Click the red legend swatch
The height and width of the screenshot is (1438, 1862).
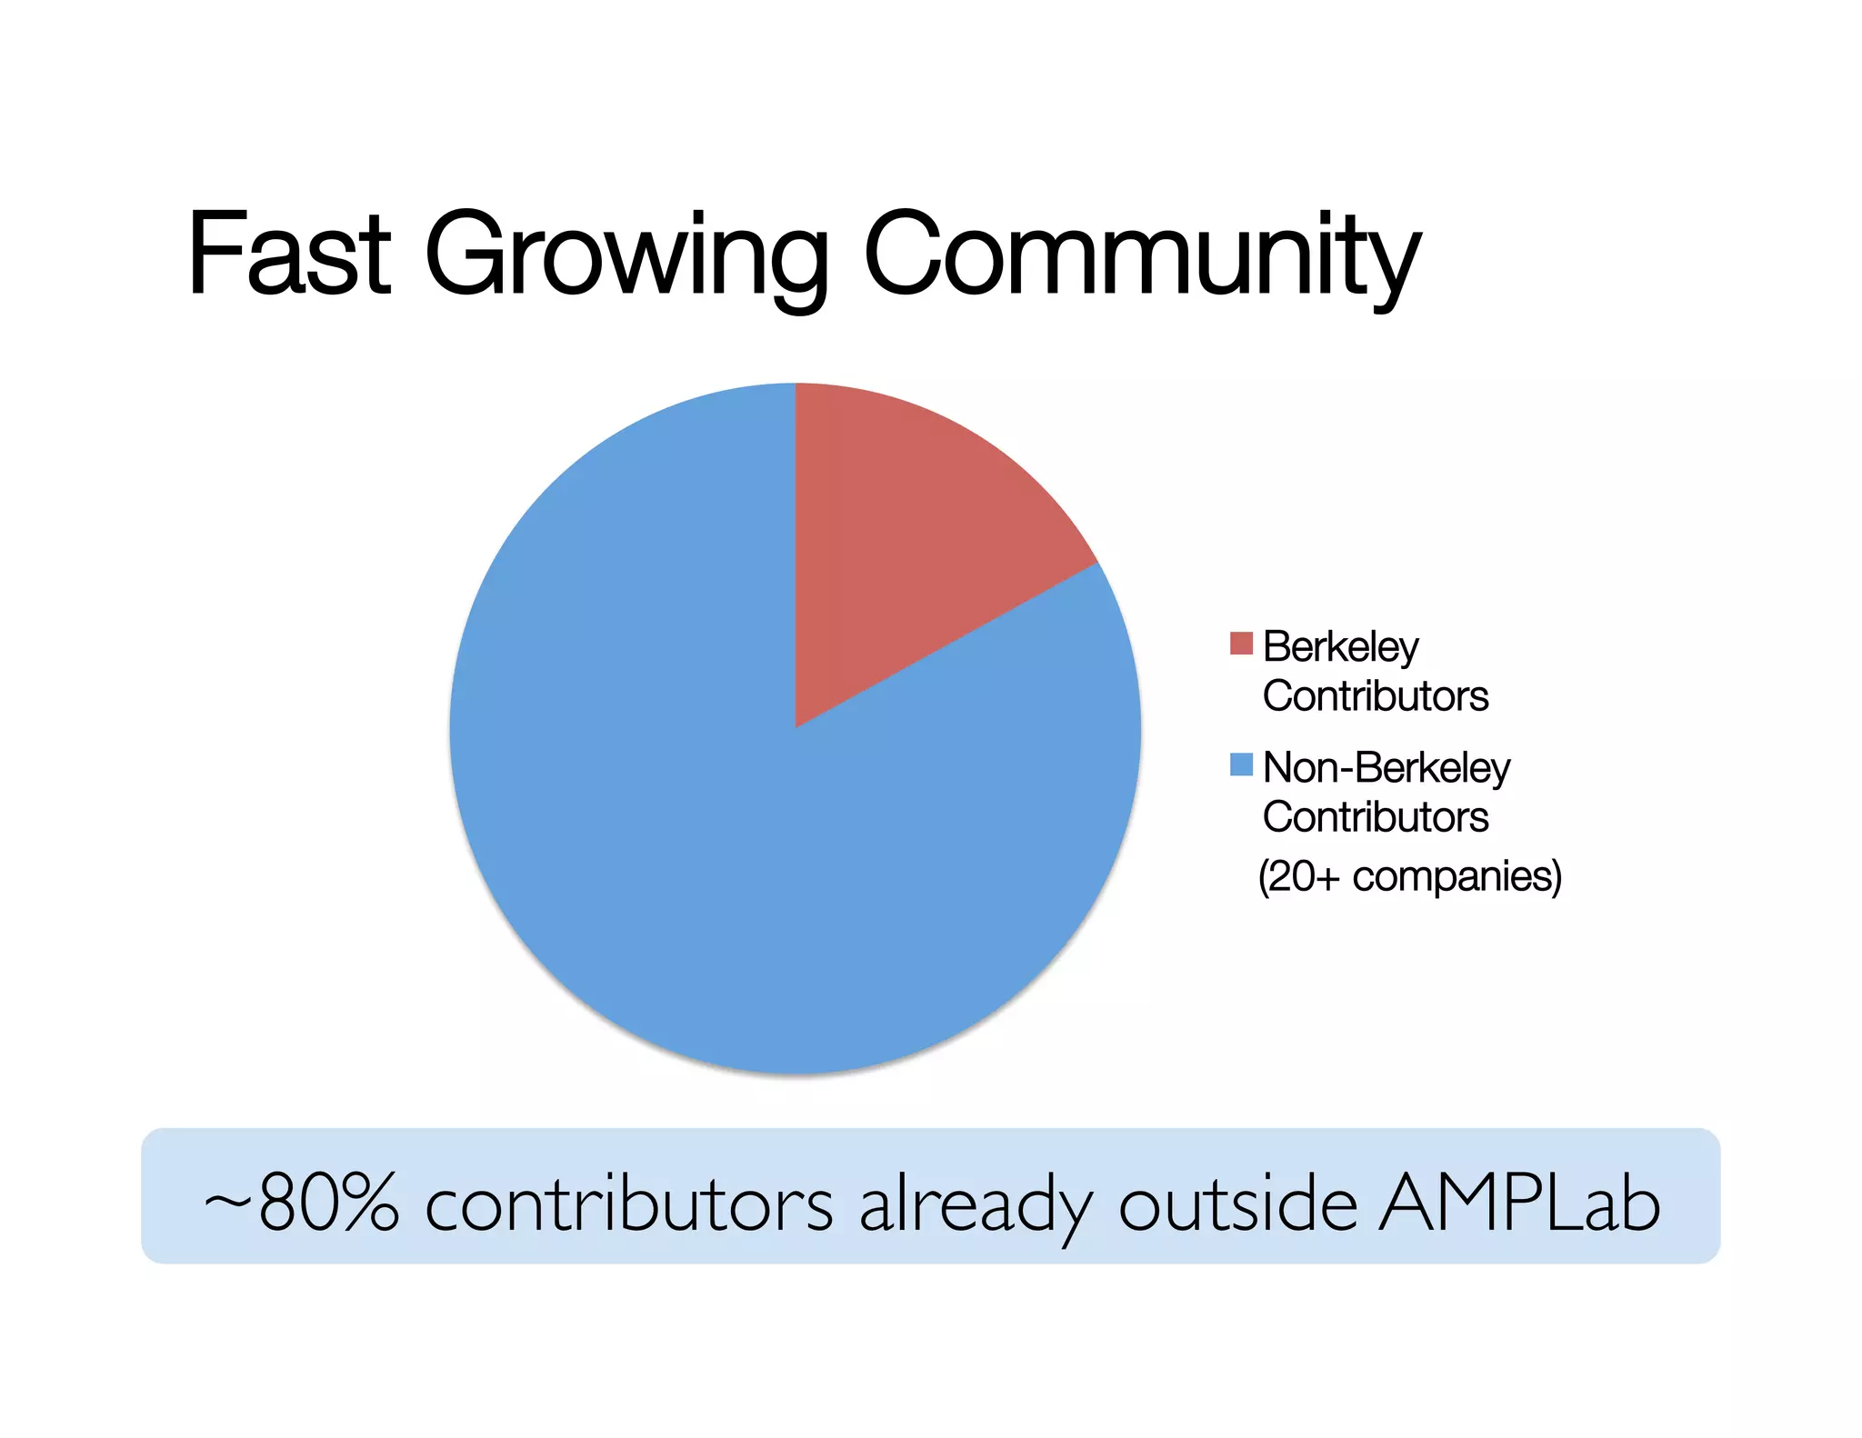click(1240, 644)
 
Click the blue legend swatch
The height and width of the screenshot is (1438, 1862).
click(1240, 764)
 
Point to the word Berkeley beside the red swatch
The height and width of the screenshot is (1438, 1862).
click(1340, 647)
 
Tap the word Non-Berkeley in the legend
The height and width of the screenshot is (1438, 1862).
click(1386, 768)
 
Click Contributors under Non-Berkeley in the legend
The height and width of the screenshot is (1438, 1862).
click(1375, 816)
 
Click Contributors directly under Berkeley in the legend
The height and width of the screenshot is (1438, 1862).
click(1375, 696)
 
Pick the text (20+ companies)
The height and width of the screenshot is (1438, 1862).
click(1409, 876)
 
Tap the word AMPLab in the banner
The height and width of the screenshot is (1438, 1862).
click(1518, 1202)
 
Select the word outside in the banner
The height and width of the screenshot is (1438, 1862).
click(1237, 1202)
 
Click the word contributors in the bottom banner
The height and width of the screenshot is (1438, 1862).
click(628, 1202)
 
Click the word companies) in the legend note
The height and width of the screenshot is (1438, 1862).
click(1457, 877)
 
